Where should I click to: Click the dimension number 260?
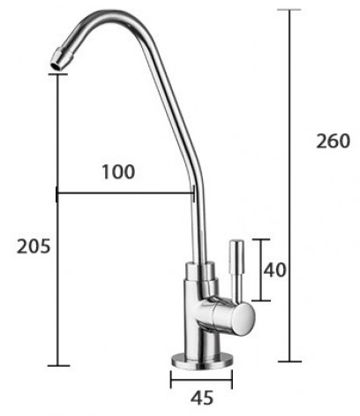pos(331,142)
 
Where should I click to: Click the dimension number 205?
pos(34,246)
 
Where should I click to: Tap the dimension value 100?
pos(117,172)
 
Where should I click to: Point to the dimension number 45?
pos(201,399)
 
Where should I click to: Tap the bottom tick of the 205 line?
pos(57,365)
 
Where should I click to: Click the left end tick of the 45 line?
pos(171,382)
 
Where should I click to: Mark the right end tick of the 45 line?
pos(232,382)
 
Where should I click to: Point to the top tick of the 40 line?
pos(259,238)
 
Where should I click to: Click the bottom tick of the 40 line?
pos(259,300)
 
